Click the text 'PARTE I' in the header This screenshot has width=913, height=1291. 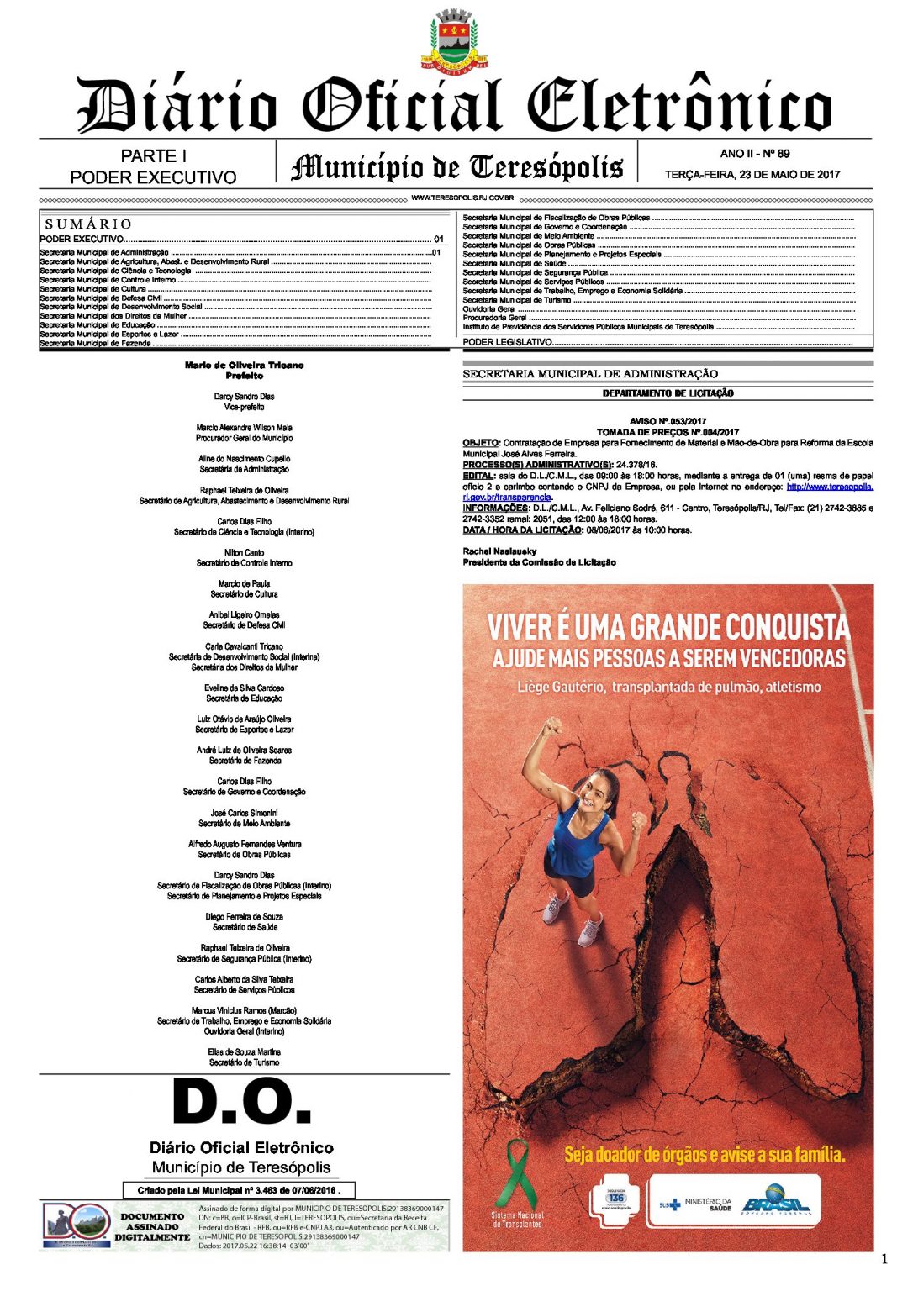153,156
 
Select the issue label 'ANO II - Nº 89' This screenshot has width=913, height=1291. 754,154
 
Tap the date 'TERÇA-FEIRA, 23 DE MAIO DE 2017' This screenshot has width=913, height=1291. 752,175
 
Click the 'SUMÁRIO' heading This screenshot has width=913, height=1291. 88,224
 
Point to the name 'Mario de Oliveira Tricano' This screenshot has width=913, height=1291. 244,366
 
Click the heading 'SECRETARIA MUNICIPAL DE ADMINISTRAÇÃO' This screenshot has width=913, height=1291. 590,374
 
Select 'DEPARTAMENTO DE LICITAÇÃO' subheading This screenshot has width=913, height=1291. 668,393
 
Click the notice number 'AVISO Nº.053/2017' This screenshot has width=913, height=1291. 668,421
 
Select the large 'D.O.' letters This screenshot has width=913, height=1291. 242,1102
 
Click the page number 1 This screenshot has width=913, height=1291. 884,1258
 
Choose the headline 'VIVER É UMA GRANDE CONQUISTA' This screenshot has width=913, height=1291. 668,626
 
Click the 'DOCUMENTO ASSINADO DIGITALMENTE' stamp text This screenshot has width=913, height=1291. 152,1226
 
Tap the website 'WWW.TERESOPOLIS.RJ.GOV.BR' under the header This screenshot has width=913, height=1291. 462,198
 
